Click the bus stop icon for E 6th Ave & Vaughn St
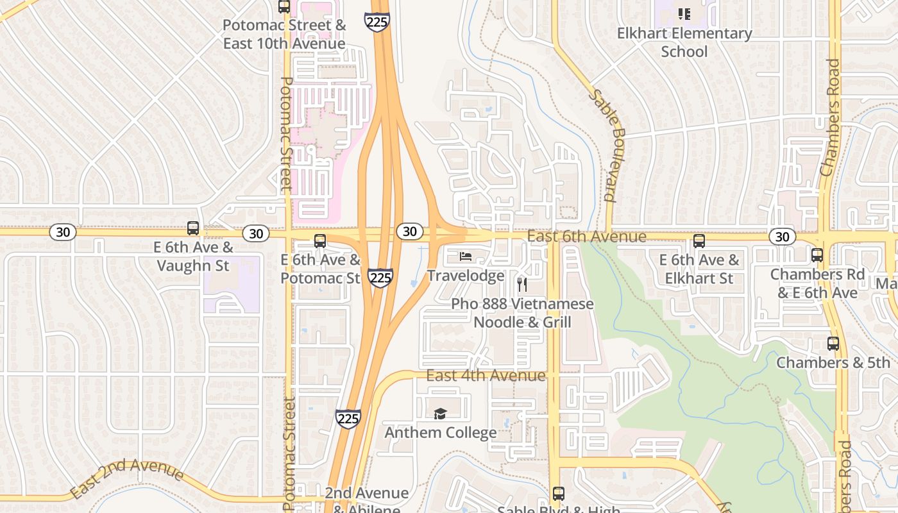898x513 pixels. coord(192,228)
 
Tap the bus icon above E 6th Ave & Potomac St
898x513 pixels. coord(319,241)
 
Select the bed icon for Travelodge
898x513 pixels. coord(466,256)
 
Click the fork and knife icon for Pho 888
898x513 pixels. coord(522,284)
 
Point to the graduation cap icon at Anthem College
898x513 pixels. coord(440,414)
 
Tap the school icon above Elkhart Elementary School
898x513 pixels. coord(684,13)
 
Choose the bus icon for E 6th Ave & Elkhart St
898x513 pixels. coord(699,241)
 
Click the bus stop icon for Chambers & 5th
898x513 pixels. coord(833,344)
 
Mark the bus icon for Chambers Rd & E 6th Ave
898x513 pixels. coord(817,255)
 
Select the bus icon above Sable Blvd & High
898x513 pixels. coord(558,493)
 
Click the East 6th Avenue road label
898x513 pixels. coord(586,237)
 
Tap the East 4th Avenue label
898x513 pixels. coord(486,375)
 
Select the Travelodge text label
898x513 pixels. coord(466,276)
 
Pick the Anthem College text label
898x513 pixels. coord(440,433)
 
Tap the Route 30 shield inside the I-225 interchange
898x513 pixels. coord(409,231)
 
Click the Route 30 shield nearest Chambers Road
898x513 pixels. coord(782,237)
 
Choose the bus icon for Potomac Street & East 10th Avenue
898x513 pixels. coord(284,6)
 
